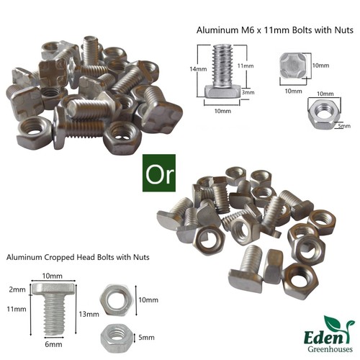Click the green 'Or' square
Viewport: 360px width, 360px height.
point(159,173)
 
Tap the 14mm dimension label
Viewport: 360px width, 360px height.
point(198,69)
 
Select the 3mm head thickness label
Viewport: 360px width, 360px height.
point(248,92)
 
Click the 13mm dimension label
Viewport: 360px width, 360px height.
point(89,314)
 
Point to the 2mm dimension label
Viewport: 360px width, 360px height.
point(17,289)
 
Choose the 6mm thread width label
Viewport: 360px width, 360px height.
point(53,344)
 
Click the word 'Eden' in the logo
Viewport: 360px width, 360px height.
point(323,338)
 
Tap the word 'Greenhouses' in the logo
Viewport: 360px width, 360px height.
point(330,349)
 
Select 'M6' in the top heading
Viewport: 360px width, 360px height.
point(244,30)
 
